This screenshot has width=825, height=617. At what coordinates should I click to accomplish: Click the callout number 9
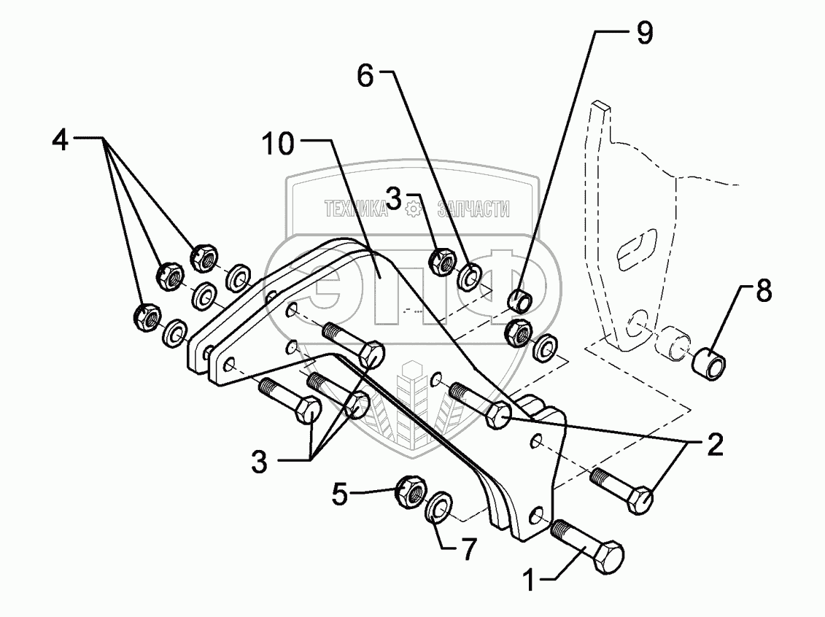pos(643,34)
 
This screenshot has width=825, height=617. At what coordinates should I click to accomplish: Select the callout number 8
pos(762,292)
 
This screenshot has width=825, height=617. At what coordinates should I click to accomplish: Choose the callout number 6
pos(365,76)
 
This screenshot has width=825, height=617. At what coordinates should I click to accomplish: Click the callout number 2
pos(715,443)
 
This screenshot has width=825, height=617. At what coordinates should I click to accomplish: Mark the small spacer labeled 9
pos(523,300)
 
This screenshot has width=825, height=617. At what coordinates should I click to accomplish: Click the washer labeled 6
pos(470,276)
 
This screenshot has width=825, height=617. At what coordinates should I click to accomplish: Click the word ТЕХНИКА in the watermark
pos(356,210)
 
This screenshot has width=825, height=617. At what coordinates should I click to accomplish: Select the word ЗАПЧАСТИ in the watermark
pos(472,210)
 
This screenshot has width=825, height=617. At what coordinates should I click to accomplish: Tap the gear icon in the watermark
pos(414,210)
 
